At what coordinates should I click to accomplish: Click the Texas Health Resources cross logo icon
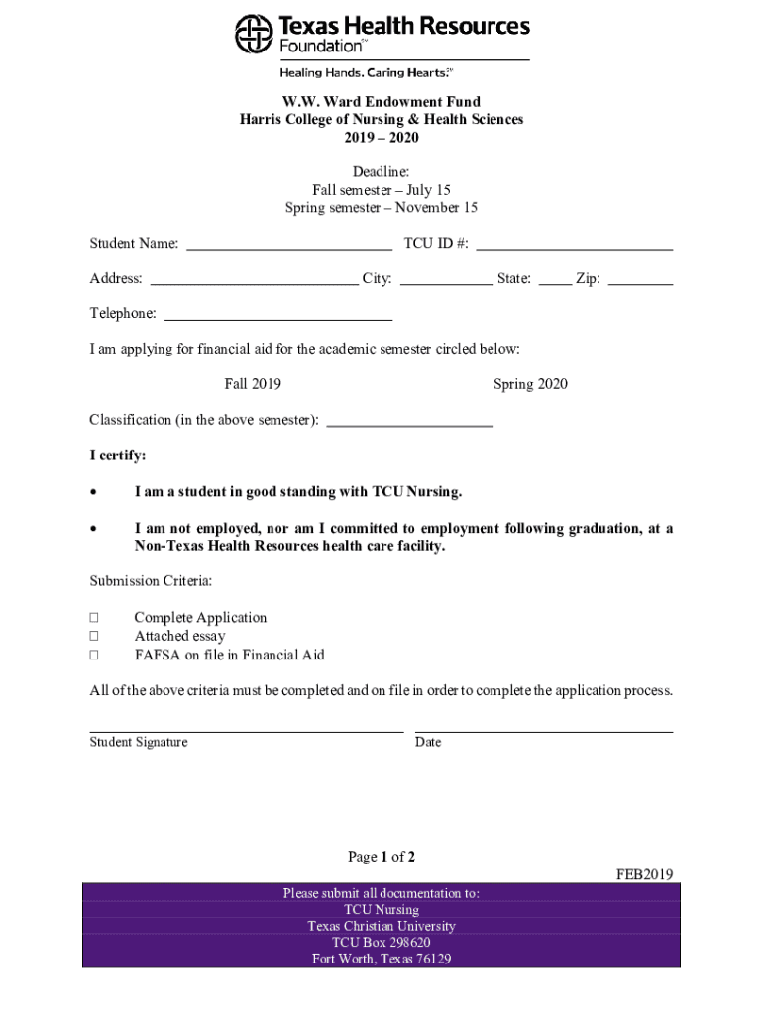click(254, 34)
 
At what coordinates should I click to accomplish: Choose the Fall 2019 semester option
click(253, 384)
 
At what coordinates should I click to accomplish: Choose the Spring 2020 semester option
click(530, 384)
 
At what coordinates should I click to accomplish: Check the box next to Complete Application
click(94, 618)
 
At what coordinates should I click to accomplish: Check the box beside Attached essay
click(94, 637)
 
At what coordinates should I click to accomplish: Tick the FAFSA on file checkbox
click(94, 656)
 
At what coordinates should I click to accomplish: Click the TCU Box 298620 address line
click(381, 943)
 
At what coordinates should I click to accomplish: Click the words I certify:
click(118, 456)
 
